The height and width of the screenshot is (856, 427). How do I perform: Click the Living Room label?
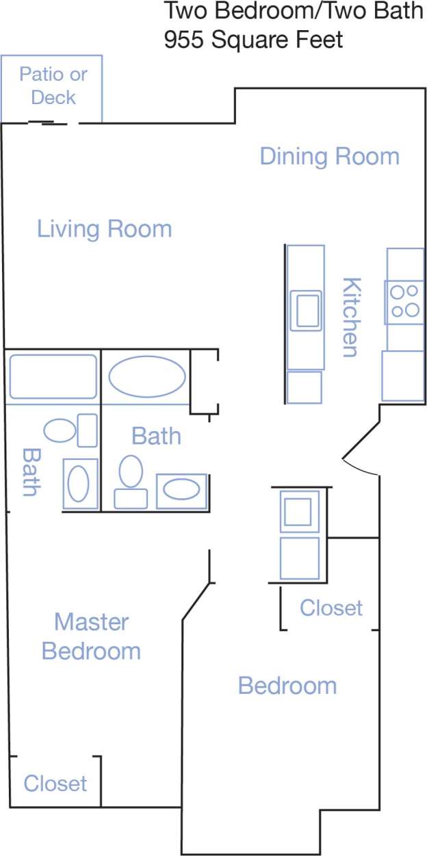point(104,229)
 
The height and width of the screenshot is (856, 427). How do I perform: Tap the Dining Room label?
point(329,157)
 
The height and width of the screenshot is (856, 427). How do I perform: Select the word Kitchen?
point(350,317)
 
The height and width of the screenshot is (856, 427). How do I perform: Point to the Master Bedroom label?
point(92,636)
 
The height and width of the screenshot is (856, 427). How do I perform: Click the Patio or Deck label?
point(53,86)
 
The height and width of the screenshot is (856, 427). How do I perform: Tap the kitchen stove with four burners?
point(404,302)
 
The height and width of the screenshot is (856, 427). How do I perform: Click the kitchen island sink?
point(305,310)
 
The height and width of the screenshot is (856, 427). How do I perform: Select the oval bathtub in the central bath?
point(146,377)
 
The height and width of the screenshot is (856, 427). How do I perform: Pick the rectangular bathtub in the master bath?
point(53,376)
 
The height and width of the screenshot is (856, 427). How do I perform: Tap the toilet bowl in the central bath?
point(130,471)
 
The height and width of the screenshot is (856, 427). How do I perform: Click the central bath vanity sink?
point(181,490)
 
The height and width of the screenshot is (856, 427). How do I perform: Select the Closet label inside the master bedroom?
point(55,783)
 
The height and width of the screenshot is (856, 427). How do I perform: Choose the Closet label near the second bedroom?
point(331,607)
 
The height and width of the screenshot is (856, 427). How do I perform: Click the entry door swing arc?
point(361,468)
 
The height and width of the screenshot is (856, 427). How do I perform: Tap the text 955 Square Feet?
point(253,40)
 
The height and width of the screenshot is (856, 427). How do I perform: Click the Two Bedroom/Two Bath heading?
point(294,12)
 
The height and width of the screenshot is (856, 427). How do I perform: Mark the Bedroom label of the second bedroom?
point(287,686)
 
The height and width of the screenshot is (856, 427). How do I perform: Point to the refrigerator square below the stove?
point(403,376)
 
